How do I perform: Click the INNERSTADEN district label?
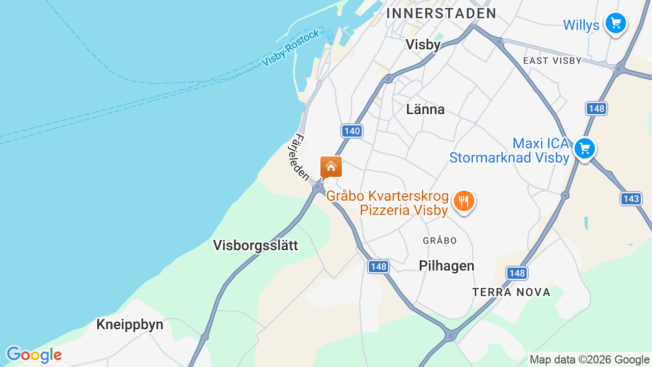coord(441,13)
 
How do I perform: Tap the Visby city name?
coord(423,45)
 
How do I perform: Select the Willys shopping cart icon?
coord(615,23)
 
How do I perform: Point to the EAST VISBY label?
coord(552,61)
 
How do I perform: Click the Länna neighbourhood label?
coord(425,109)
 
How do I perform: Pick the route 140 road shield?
coord(351,131)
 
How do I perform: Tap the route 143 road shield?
coord(631,199)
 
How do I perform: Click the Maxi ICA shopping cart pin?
coord(584,149)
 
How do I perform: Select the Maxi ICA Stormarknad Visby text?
coord(509,150)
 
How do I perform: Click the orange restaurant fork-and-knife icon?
coord(464,201)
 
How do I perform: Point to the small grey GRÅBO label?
coord(440,240)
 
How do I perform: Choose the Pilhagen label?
coord(446,266)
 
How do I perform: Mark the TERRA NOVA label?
coord(511,292)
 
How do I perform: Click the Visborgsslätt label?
coord(255,245)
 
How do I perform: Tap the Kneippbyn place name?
coord(130,325)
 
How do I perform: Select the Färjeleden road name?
coord(302,158)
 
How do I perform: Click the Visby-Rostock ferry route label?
coord(290,48)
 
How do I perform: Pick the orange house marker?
coord(331,167)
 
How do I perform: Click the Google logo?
coord(34,355)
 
